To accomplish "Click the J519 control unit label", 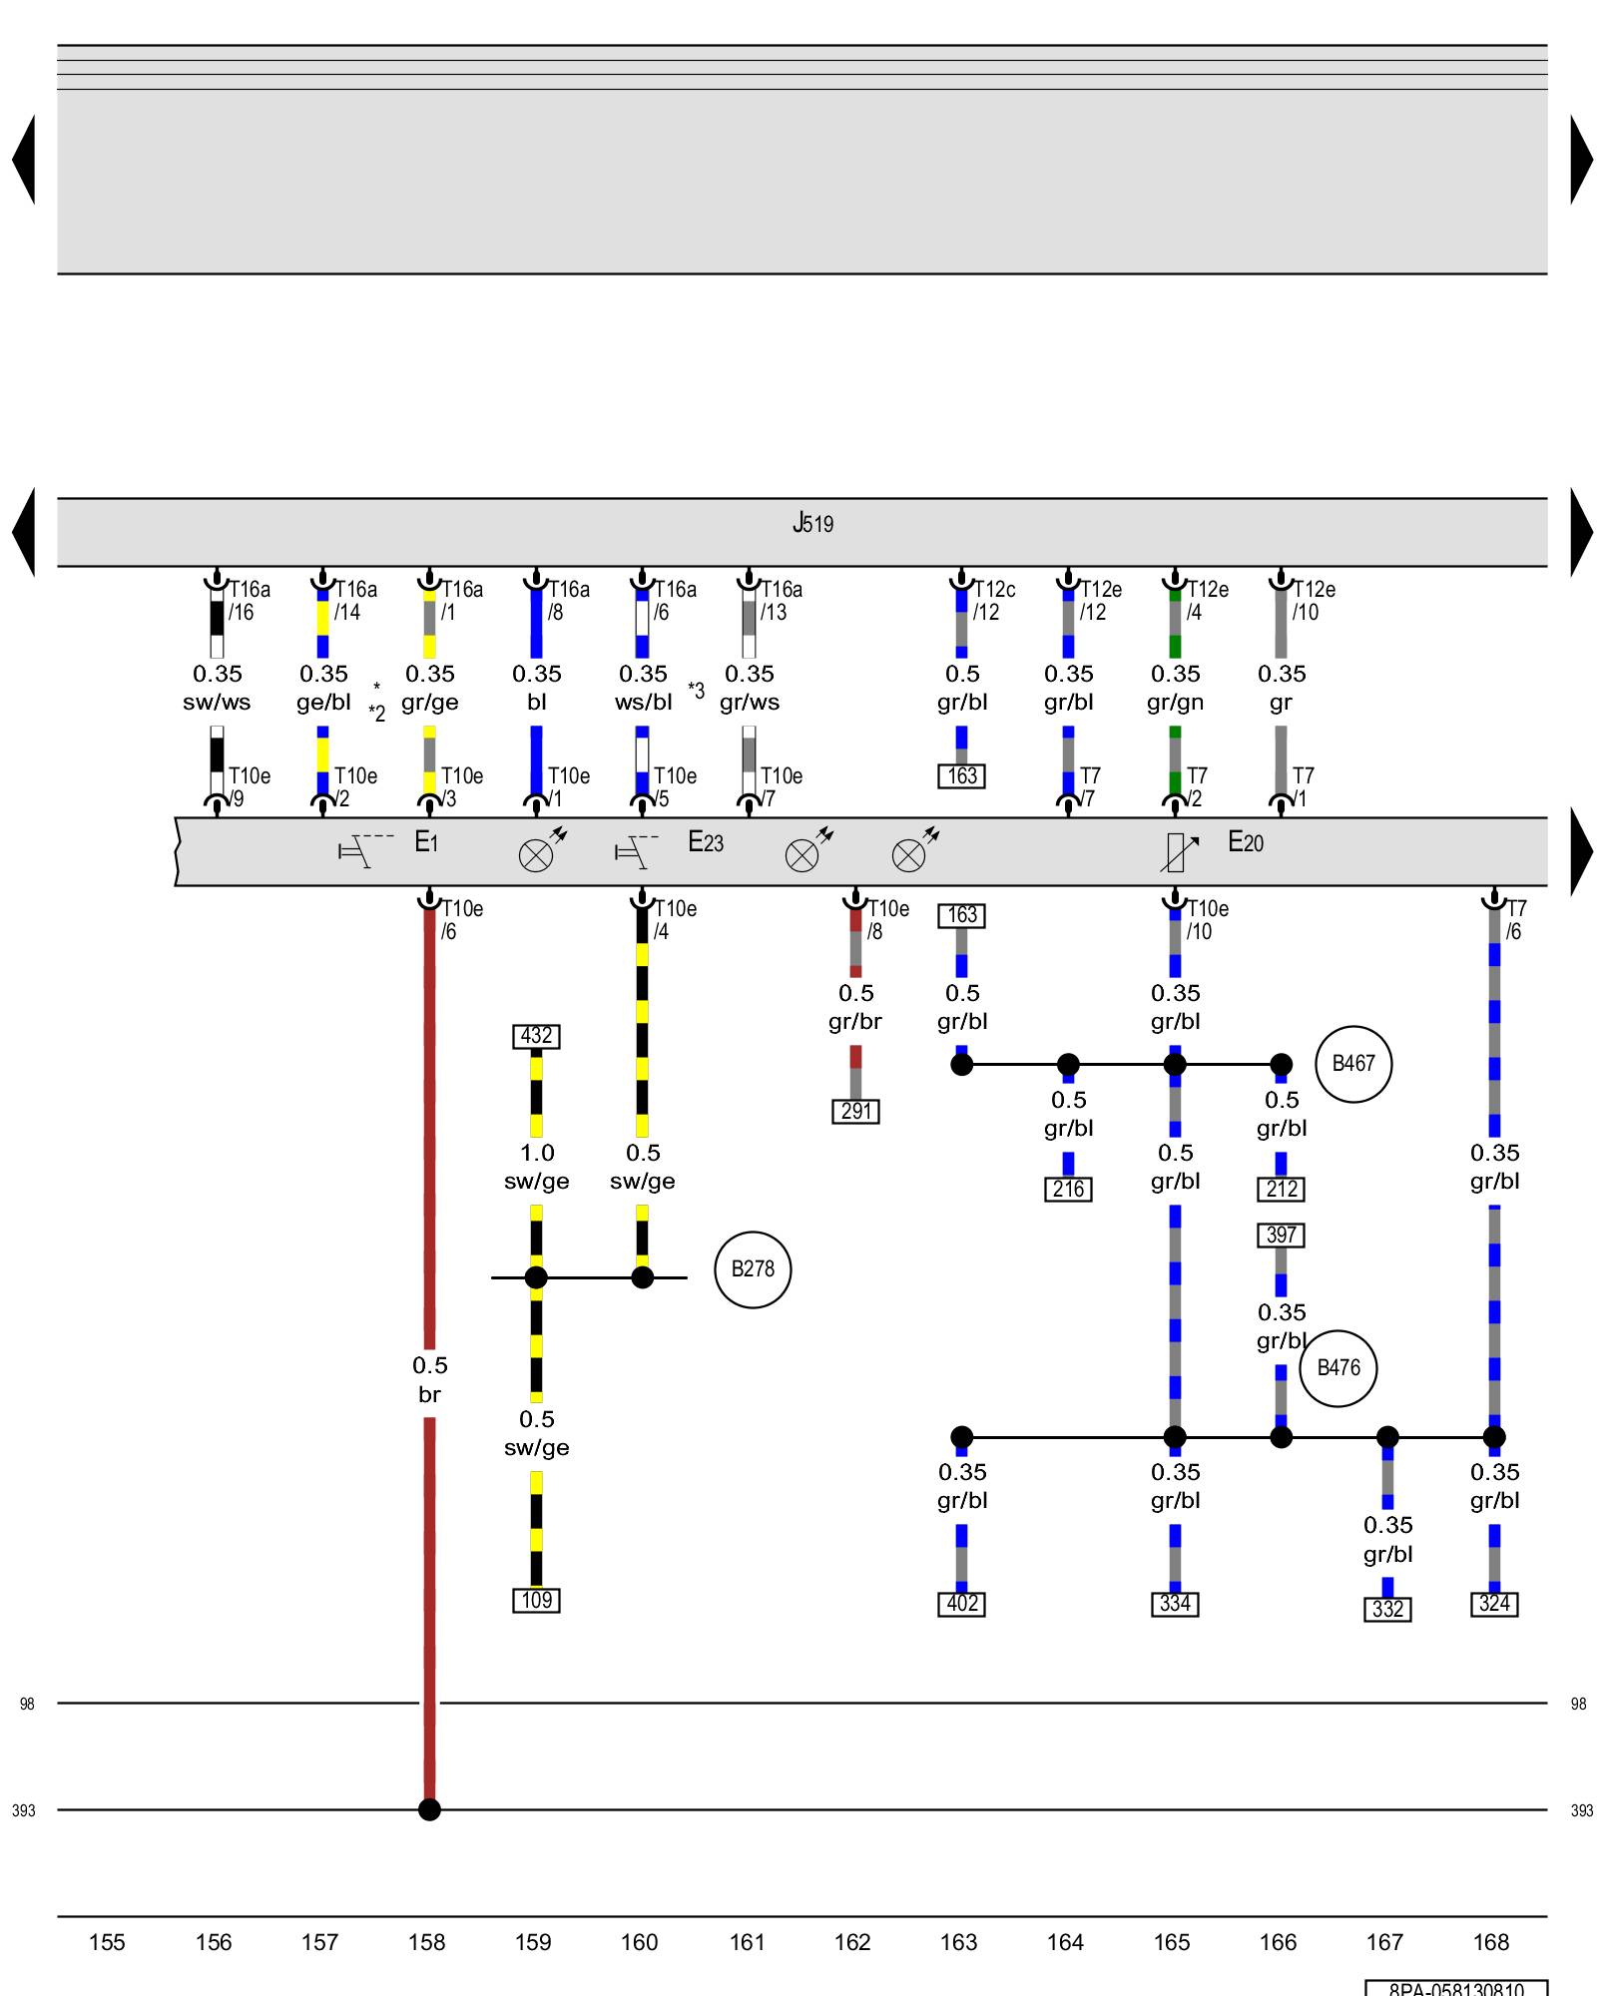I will tap(812, 523).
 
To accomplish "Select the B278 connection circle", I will tap(753, 1269).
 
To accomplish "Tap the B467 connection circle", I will tap(1353, 1064).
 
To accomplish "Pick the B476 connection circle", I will tap(1337, 1368).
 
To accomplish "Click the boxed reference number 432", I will tap(536, 1036).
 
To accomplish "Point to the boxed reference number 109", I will tap(536, 1601).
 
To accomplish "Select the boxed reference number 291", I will tap(855, 1111).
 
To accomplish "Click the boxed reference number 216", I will tap(1068, 1189).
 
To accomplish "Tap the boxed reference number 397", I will tap(1281, 1236).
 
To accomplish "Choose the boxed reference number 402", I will tap(961, 1604).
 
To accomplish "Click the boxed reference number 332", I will tap(1387, 1609).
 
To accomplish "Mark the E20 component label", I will tap(1245, 842).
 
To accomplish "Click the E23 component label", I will tap(706, 842).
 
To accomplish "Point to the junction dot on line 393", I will tap(429, 1809).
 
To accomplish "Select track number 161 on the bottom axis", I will tap(746, 1942).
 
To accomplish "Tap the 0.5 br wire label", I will tap(429, 1379).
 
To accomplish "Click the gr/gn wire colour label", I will tap(1175, 703).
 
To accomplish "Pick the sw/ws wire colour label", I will tap(217, 703).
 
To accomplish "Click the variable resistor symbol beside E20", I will tap(1178, 851).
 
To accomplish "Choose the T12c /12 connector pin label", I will tap(993, 601).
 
